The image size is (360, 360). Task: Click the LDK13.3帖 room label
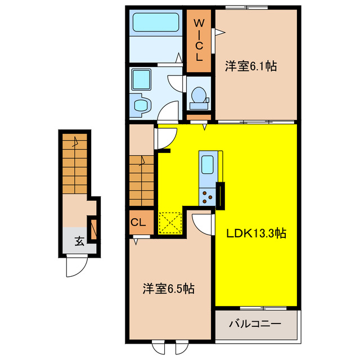pos(256,233)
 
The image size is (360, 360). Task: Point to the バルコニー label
pos(255,325)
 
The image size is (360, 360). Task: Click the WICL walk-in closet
pos(199,40)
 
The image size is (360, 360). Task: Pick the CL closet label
pos(138,222)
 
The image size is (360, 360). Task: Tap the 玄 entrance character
pos(79,242)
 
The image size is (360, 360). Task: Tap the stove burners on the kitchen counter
pos(206,196)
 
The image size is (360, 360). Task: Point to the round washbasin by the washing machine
pos(139,105)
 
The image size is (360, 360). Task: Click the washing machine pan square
pos(139,79)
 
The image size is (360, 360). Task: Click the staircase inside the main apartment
pos(142,180)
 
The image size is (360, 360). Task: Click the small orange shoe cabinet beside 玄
pos(94,228)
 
